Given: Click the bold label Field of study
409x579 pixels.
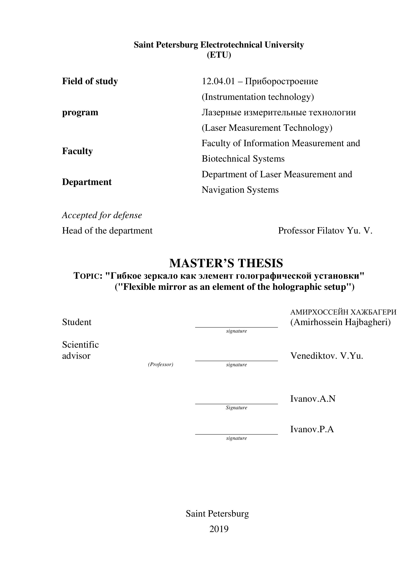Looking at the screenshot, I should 90,81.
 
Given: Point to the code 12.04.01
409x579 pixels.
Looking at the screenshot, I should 218,81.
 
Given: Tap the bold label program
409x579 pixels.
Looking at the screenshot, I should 80,112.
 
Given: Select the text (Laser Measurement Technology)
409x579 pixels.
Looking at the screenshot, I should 267,128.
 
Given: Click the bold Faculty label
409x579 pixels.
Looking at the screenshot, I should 77,151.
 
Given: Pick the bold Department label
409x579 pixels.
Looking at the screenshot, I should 87,182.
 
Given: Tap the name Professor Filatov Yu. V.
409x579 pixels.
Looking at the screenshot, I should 325,231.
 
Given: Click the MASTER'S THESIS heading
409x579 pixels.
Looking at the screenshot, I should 226,263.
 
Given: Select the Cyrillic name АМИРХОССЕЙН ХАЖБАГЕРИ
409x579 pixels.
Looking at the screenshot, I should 343,312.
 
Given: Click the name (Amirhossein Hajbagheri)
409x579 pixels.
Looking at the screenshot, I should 340,322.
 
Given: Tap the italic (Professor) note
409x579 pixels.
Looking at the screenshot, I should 160,364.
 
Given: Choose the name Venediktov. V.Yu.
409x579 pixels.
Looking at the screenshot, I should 326,356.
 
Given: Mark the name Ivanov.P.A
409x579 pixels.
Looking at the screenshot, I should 312,429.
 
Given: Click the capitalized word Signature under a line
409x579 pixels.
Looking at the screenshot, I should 236,407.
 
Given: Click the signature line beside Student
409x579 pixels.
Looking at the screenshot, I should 236,327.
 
